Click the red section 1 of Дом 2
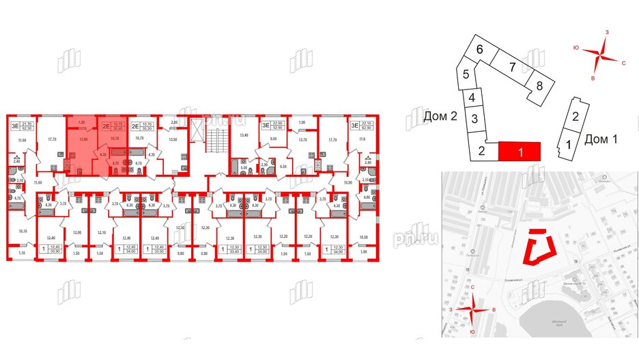click(520, 152)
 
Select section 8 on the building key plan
click(539, 86)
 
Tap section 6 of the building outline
click(480, 49)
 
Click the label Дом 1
click(601, 139)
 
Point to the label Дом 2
click(440, 117)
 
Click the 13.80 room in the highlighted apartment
click(84, 140)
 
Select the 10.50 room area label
click(364, 237)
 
